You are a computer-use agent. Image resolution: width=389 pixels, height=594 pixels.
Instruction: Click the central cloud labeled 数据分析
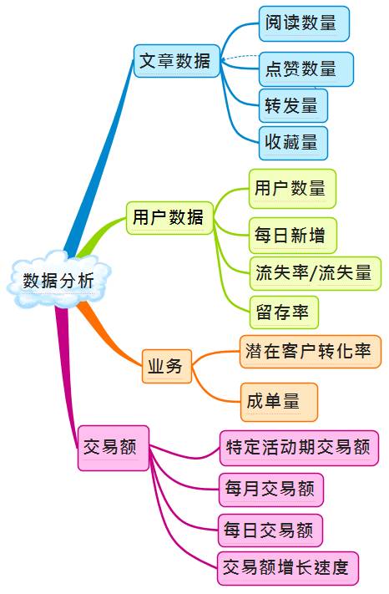point(58,279)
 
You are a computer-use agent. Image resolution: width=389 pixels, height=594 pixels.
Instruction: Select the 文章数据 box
point(177,61)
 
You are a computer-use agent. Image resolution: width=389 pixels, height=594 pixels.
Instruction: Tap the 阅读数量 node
point(304,23)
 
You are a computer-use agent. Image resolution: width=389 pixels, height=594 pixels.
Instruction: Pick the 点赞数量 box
point(306,69)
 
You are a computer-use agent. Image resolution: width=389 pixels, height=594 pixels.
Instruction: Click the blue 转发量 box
point(293,106)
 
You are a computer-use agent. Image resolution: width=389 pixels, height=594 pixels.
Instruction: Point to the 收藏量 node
point(293,143)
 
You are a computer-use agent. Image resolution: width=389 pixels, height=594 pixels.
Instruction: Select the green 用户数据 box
point(170,218)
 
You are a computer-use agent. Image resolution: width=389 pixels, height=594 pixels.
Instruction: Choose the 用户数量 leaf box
point(292,189)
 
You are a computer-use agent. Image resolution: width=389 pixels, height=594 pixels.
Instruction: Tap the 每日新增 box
point(292,236)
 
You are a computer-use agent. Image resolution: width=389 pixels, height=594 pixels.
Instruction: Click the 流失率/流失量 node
point(315,273)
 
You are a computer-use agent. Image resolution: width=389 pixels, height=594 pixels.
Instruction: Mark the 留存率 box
point(284,312)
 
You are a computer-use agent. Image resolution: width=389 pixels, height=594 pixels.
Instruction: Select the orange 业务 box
point(167,366)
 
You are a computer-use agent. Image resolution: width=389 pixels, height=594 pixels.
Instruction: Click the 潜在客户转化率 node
point(311,352)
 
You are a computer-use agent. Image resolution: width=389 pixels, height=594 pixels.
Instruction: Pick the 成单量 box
point(279,402)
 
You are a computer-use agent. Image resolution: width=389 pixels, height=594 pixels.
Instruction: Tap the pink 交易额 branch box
point(114,448)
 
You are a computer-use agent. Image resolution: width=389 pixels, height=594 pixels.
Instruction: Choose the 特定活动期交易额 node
point(299,448)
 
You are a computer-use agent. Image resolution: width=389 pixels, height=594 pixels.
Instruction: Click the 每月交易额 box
point(271,490)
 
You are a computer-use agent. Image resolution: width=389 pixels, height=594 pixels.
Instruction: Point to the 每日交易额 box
point(270,531)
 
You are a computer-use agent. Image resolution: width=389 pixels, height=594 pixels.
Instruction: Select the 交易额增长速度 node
point(288,568)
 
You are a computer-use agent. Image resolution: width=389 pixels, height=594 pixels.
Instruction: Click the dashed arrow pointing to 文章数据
point(240,57)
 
